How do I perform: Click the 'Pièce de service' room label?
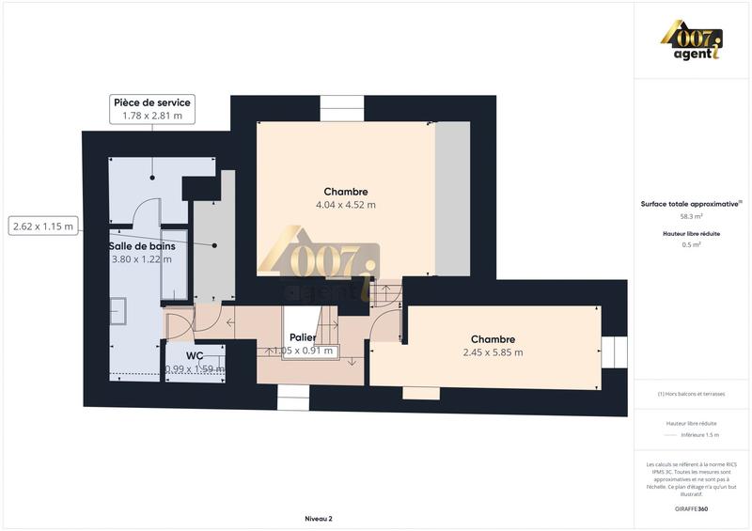point(151,102)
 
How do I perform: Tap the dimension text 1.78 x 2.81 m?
point(151,117)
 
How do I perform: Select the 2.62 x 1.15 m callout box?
point(42,226)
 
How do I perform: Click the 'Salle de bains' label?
point(143,245)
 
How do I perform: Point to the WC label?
point(195,356)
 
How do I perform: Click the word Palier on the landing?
point(302,337)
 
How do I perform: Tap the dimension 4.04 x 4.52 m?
point(346,205)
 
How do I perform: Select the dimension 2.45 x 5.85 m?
point(493,352)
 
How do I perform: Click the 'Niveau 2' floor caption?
point(319,518)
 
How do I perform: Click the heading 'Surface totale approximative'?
point(689,204)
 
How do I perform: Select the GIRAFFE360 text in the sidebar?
point(691,508)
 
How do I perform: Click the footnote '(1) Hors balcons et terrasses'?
point(691,394)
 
